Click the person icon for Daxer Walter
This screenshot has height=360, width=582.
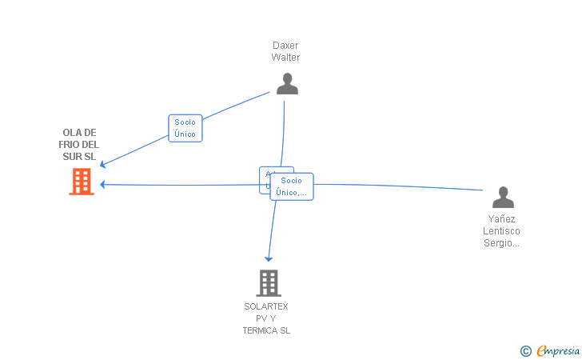(x=287, y=83)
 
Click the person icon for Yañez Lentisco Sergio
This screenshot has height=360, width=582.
(x=503, y=197)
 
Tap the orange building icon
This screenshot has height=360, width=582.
(x=81, y=182)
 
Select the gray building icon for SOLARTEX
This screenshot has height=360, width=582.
(x=268, y=282)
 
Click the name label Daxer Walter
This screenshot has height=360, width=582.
(x=285, y=51)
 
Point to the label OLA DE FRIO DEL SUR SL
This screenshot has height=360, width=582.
(x=79, y=145)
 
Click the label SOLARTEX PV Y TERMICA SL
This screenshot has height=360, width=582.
(x=266, y=318)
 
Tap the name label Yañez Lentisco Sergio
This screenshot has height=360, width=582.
(x=501, y=231)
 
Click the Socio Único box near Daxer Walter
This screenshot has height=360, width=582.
(x=185, y=128)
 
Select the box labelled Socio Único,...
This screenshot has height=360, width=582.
(x=292, y=186)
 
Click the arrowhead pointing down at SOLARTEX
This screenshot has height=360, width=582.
(x=269, y=258)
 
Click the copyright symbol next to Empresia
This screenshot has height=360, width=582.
(x=525, y=350)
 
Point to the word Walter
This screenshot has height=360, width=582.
(x=285, y=58)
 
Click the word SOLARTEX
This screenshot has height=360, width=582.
(x=266, y=306)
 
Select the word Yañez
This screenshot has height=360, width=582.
(x=501, y=218)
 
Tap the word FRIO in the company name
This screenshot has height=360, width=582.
(x=69, y=145)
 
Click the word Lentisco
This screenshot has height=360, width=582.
(x=501, y=231)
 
